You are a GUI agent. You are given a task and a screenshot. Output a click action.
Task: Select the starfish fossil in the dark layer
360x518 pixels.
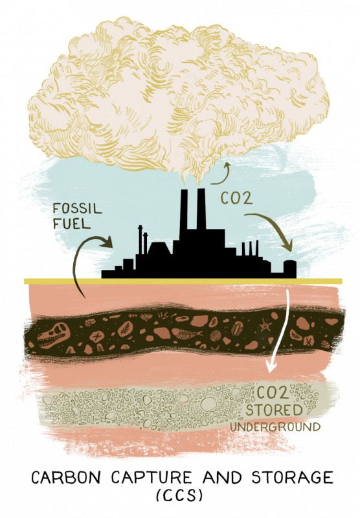[x=265, y=326]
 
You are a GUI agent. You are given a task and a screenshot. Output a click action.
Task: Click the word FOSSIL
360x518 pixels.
[x=77, y=209]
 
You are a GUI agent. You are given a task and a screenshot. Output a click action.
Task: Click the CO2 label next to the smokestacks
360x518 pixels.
[x=236, y=198]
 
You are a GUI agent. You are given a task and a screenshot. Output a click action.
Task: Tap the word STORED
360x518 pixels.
[x=274, y=411]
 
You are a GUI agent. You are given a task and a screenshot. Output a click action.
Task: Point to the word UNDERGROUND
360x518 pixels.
[x=275, y=427]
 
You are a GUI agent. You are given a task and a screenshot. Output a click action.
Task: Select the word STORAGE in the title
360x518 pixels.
[x=292, y=477]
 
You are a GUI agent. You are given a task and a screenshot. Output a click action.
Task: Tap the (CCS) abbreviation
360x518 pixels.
[x=179, y=497]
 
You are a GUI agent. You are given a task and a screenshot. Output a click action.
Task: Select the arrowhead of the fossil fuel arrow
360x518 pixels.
[x=107, y=242]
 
